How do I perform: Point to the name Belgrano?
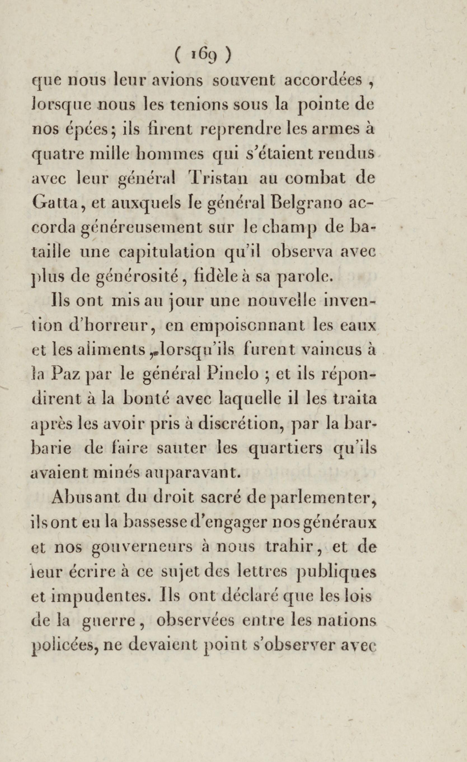pos(306,203)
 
